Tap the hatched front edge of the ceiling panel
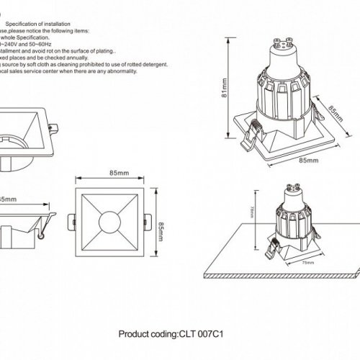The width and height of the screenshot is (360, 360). (288, 278)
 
